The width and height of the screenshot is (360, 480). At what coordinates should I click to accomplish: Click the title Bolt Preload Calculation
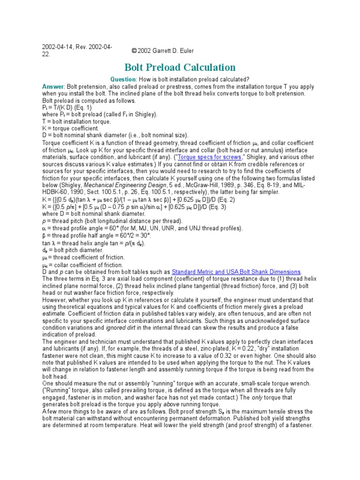click(x=180, y=67)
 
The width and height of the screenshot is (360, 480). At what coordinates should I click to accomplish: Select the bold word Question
click(x=123, y=79)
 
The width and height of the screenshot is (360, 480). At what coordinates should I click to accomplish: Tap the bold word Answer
click(x=53, y=87)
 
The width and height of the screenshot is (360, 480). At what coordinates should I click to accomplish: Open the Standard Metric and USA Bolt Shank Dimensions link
click(x=236, y=271)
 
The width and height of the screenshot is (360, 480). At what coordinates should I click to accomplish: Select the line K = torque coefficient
click(x=70, y=128)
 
